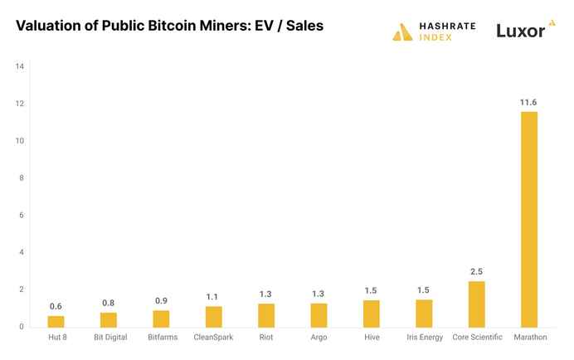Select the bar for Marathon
coord(528,220)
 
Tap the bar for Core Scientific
coord(476,304)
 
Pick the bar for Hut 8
coord(56,322)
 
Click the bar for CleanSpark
coord(213,317)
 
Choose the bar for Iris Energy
coord(424,314)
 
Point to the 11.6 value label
coord(528,102)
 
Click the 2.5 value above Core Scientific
coord(476,271)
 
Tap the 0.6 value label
coord(56,306)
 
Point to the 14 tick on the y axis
coord(19,66)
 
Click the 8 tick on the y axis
coord(21,178)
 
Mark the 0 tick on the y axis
coord(21,327)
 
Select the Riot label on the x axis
coord(266,338)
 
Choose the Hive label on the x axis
coord(371,338)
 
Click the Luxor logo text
coord(519,32)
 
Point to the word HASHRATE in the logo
coord(446,27)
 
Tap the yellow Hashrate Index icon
coord(403,32)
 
